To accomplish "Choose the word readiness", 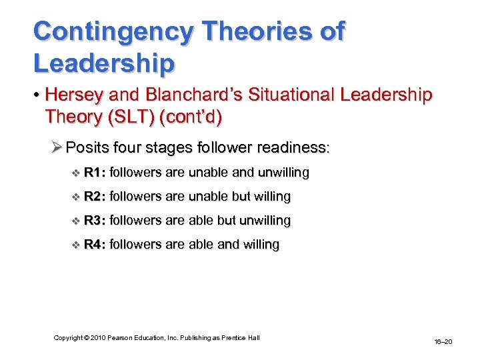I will click(x=289, y=147).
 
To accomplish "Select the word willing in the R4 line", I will click(x=259, y=245).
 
